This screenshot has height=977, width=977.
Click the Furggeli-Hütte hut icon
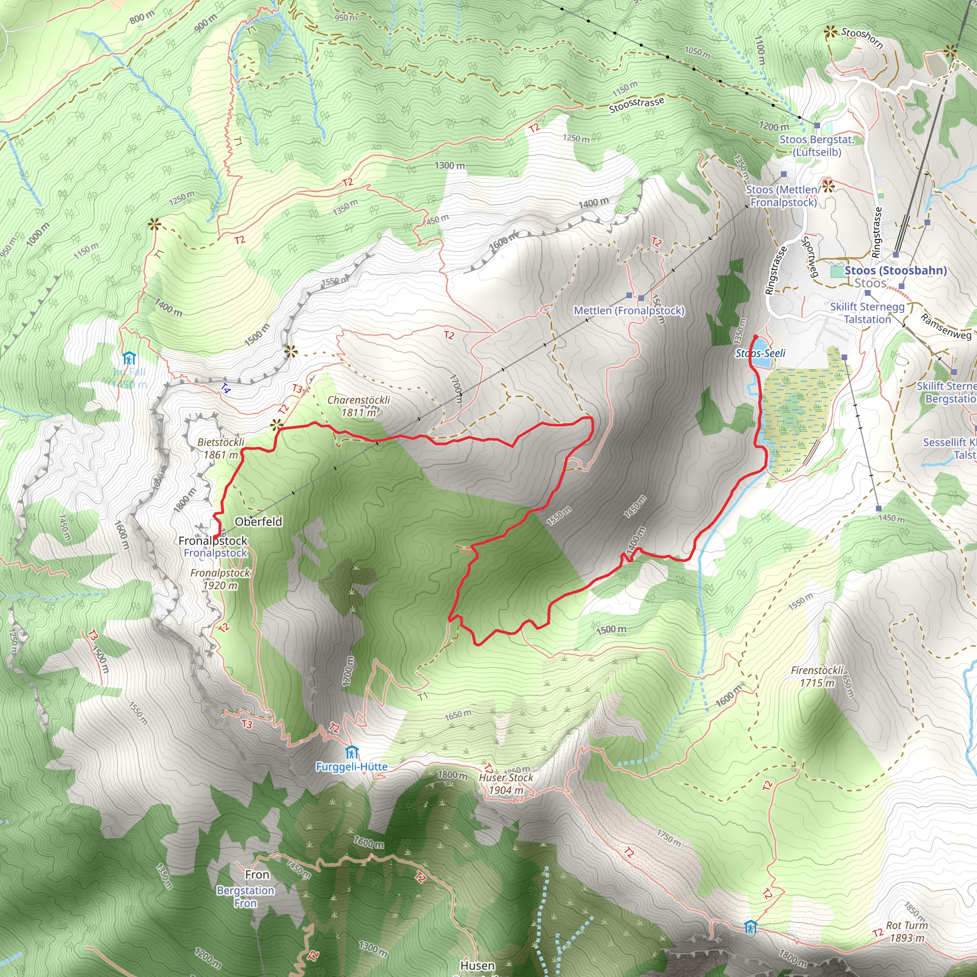[352, 752]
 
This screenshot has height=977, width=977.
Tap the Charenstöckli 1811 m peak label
[359, 406]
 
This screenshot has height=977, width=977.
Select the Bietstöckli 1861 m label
[220, 448]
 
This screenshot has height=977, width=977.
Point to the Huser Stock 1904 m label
[506, 783]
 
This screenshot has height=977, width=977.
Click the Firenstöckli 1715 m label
[817, 676]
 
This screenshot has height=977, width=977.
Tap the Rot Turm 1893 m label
[907, 932]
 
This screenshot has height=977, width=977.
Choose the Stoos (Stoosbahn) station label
[895, 270]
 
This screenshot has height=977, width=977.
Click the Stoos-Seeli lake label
[760, 353]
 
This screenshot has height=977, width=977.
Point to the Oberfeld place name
[259, 521]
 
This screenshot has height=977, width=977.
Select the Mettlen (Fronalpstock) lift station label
[629, 311]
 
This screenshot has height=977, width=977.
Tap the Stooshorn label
[862, 38]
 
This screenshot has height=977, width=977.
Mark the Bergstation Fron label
[245, 896]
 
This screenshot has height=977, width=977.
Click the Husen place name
[478, 966]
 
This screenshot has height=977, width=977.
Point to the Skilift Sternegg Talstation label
[867, 313]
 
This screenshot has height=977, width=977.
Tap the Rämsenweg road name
[945, 327]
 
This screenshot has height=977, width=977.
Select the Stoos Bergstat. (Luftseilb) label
[816, 146]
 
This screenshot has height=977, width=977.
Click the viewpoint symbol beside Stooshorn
[830, 33]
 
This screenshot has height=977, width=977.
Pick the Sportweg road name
[810, 257]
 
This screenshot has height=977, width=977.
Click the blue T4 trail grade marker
[226, 388]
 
